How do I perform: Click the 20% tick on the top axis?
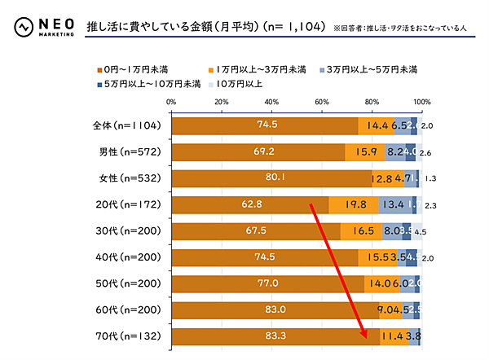221,102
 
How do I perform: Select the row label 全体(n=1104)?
129,125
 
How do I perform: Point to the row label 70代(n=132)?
129,336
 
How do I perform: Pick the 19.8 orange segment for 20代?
354,204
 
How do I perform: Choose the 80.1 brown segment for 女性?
271,178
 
